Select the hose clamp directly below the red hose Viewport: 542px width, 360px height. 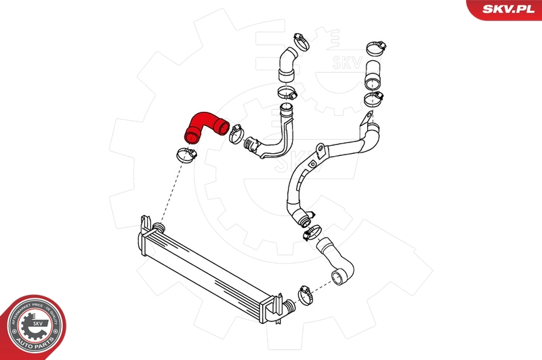click(x=185, y=155)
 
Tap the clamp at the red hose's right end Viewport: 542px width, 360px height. click(x=238, y=131)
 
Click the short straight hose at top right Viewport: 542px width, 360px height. click(x=373, y=75)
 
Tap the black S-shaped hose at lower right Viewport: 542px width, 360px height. click(x=337, y=260)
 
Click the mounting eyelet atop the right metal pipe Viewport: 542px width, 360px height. click(x=367, y=120)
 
